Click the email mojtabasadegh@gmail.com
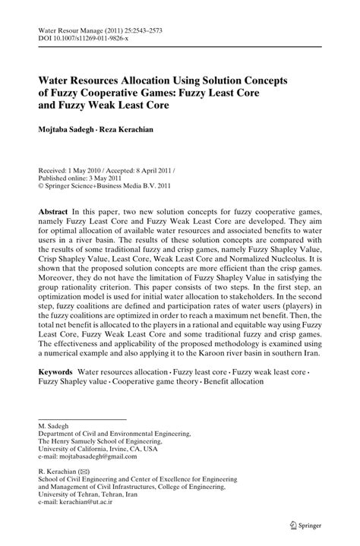coord(90,457)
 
